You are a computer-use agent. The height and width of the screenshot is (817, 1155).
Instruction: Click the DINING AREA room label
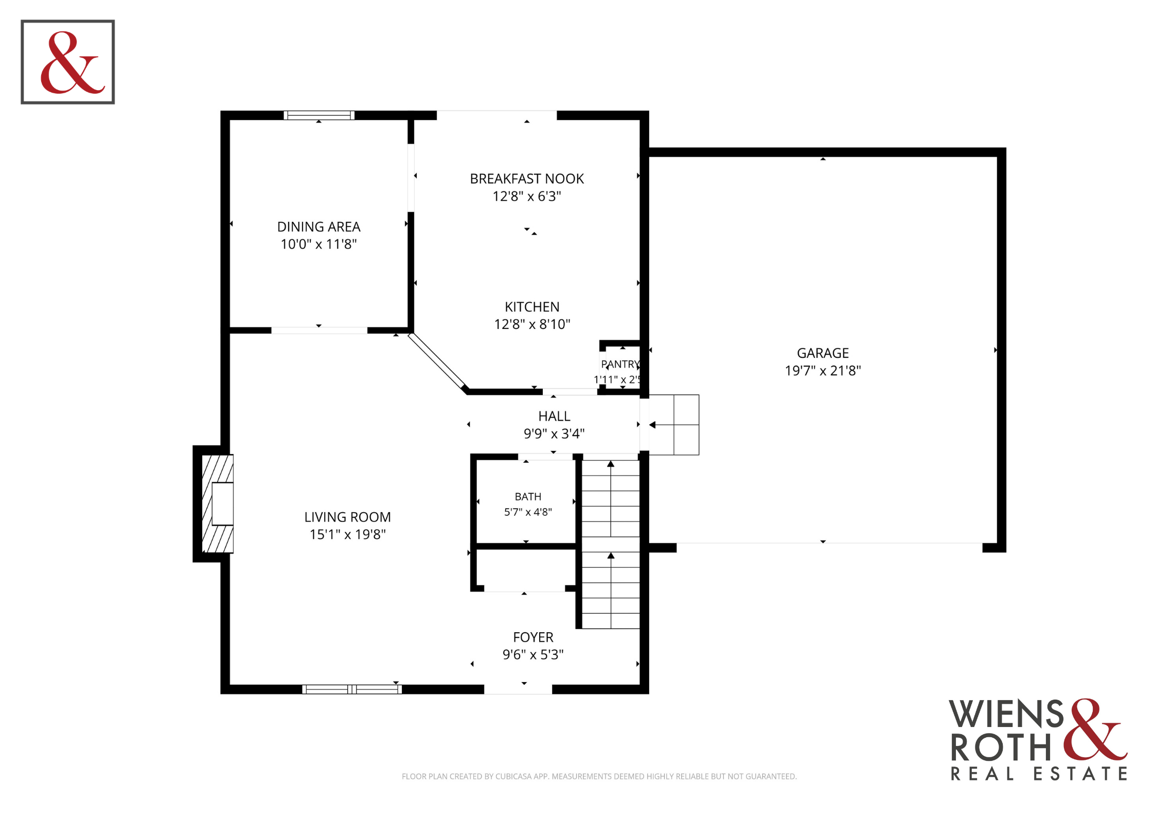[318, 227]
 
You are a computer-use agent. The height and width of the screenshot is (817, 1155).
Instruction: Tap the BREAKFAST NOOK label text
[527, 179]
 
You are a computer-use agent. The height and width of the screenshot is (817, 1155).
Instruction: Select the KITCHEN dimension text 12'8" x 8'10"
[532, 324]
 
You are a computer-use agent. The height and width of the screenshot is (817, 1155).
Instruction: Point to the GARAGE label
[823, 353]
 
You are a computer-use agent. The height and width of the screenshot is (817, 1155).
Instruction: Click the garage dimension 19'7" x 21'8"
[823, 371]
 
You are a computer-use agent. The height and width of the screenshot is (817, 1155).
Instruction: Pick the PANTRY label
[620, 364]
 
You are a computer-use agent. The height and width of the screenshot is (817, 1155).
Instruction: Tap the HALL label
[554, 416]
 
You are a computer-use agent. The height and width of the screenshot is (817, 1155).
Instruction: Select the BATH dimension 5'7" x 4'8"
[528, 512]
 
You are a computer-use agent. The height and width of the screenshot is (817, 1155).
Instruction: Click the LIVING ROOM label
[347, 517]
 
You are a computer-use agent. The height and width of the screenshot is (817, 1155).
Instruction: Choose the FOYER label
[533, 637]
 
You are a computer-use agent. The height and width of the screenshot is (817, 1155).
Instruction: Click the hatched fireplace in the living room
[218, 503]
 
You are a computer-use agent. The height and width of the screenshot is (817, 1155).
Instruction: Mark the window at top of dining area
[319, 115]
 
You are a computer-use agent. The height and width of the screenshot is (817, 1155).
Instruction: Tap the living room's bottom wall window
[352, 689]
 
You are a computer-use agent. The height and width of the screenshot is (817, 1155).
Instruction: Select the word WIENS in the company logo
[1006, 714]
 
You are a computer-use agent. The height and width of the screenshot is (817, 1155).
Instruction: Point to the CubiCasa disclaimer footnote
[599, 776]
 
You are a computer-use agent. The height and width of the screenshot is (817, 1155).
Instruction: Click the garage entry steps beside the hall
[673, 425]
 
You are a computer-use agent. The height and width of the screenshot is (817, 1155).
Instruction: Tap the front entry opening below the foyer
[518, 689]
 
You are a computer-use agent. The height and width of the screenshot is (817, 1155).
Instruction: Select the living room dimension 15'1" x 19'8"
[347, 534]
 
